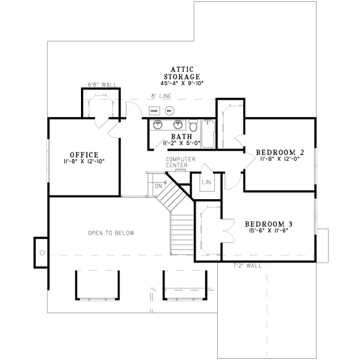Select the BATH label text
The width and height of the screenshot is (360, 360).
click(x=173, y=137)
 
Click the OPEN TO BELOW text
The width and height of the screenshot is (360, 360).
click(x=111, y=233)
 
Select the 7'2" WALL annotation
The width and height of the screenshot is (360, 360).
click(x=245, y=265)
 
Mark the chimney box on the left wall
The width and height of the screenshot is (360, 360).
click(x=41, y=253)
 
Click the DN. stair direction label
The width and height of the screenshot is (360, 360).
click(x=159, y=186)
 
